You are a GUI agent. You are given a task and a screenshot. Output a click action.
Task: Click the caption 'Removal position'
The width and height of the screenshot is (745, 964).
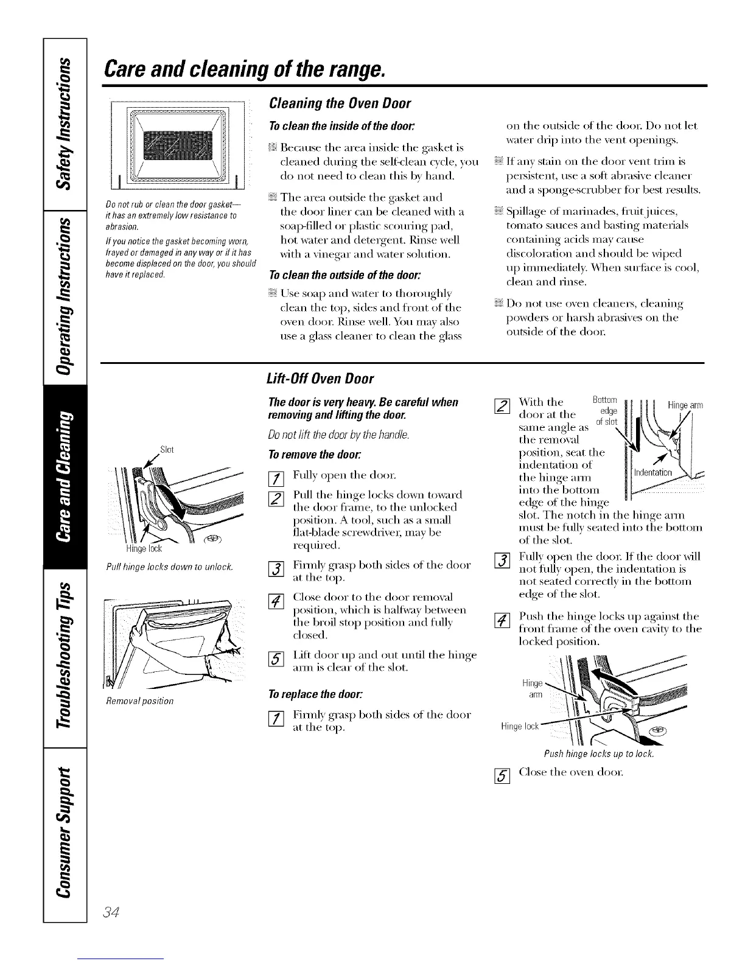(x=139, y=700)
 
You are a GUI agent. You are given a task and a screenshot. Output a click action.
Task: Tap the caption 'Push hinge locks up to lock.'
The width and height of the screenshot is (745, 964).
(x=599, y=754)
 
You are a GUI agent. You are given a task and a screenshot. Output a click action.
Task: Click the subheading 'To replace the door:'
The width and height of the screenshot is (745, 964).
(x=311, y=695)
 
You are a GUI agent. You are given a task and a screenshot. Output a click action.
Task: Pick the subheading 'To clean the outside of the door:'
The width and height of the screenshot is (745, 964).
(x=327, y=274)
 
